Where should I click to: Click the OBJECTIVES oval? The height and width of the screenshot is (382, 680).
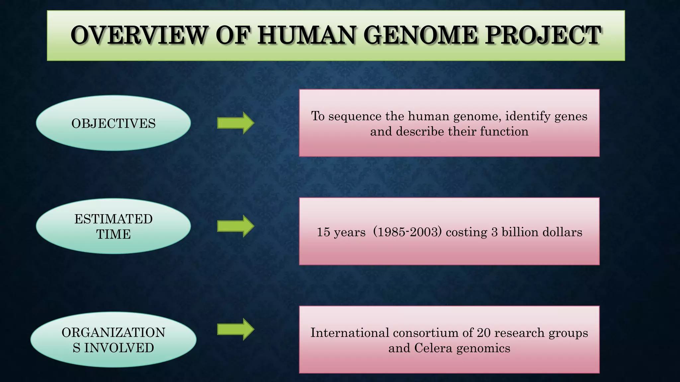[x=113, y=123]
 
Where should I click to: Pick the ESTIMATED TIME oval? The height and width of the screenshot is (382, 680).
[x=113, y=226]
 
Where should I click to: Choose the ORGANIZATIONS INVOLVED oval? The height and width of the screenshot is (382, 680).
[x=113, y=340]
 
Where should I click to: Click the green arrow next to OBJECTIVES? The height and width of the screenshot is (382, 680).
[x=236, y=123]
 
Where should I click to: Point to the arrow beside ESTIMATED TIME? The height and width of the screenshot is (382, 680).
[x=236, y=226]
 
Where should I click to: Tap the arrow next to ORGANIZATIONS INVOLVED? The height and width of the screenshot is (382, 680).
[x=236, y=329]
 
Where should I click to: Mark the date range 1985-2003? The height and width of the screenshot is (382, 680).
[x=407, y=232]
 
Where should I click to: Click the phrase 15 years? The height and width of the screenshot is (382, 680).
[x=341, y=232]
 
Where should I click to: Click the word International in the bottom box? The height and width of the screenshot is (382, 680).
[x=349, y=333]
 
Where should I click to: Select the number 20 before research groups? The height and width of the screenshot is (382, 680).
[x=483, y=333]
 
